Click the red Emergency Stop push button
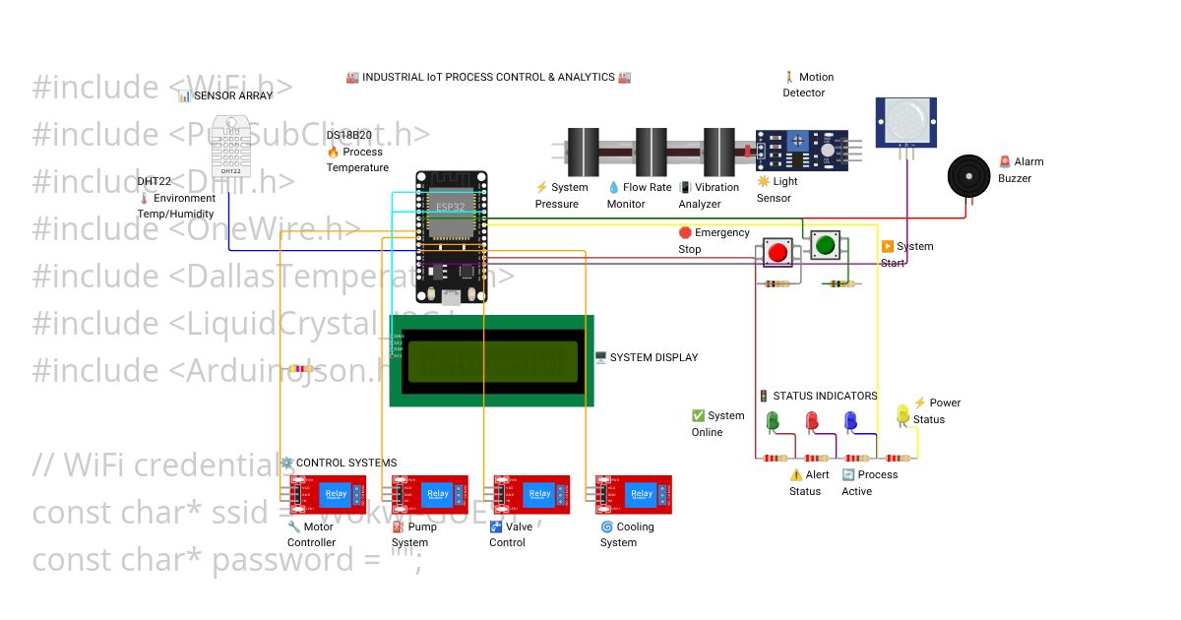(x=777, y=252)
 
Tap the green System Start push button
(x=824, y=245)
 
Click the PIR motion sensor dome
(x=906, y=121)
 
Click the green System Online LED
(x=773, y=420)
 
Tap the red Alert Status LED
(x=812, y=420)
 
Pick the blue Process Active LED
(x=850, y=420)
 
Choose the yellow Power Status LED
(x=902, y=415)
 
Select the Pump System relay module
(x=429, y=495)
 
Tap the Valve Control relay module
(x=531, y=495)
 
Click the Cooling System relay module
(x=634, y=495)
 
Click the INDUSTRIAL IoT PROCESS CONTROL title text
(x=488, y=77)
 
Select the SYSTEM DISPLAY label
(x=653, y=357)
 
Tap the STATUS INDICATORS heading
(x=824, y=396)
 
